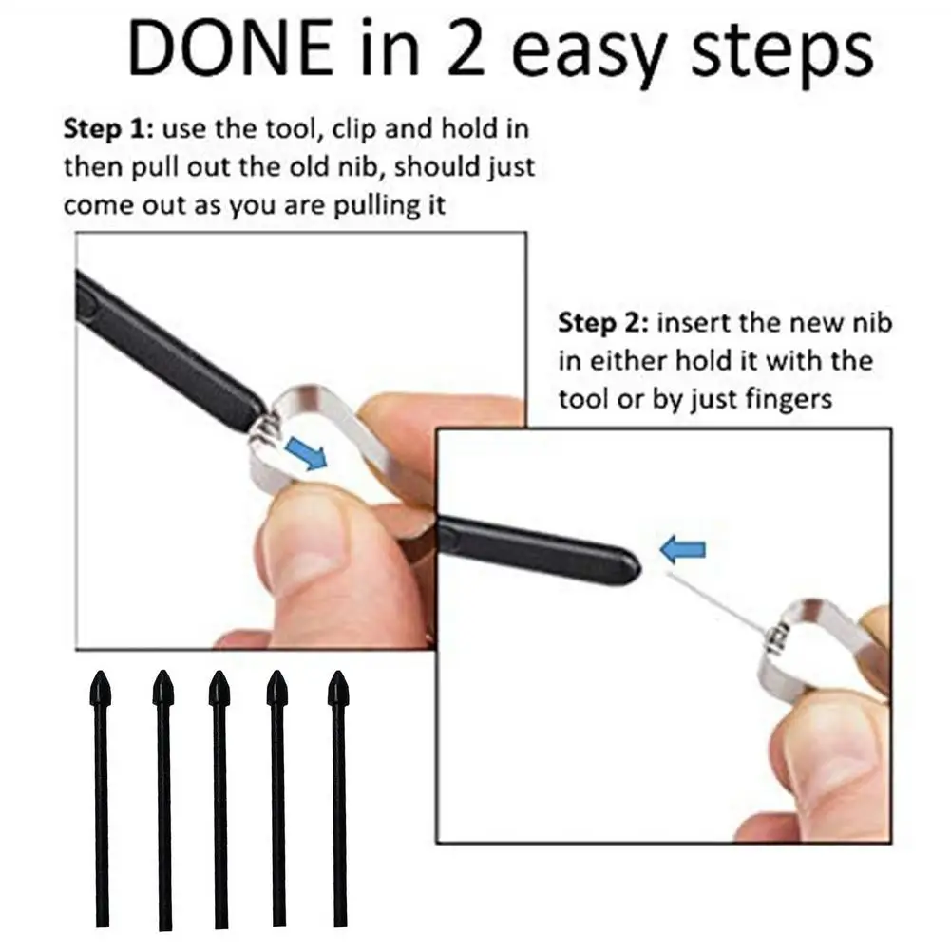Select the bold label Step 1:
[x=105, y=129]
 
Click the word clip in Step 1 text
[x=356, y=130]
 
